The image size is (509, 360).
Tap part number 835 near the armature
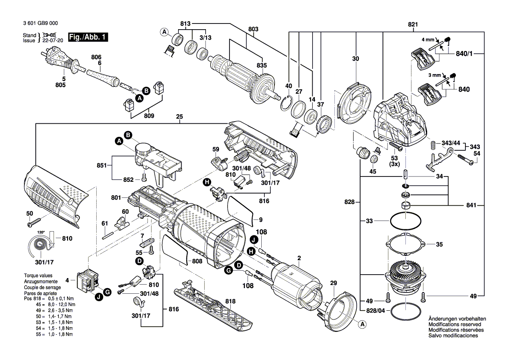pyautogui.click(x=261, y=65)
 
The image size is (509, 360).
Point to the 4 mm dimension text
pyautogui.click(x=428, y=39)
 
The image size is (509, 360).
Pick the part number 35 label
pyautogui.click(x=439, y=245)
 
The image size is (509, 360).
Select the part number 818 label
pyautogui.click(x=230, y=301)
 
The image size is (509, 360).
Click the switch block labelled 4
pyautogui.click(x=88, y=279)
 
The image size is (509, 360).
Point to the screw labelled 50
pyautogui.click(x=34, y=224)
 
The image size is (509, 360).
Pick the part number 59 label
pyautogui.click(x=215, y=149)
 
